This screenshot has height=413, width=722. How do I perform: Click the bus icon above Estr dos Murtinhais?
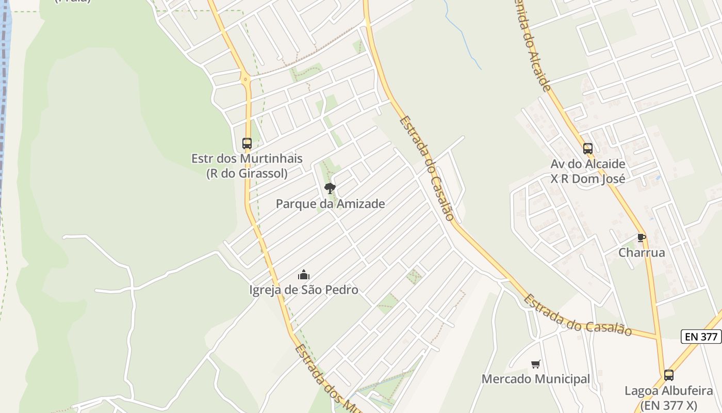(x=247, y=143)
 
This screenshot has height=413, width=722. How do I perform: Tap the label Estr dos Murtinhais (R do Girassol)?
(x=247, y=166)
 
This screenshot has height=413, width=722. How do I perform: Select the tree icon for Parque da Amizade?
(x=330, y=188)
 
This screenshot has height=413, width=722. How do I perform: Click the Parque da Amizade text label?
(x=330, y=204)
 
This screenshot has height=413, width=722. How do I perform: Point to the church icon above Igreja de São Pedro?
(x=304, y=275)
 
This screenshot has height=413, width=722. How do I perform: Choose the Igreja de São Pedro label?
(x=304, y=290)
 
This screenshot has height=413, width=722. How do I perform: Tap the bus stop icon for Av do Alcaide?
(x=588, y=149)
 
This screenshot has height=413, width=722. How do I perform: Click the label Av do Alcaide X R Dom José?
(x=588, y=171)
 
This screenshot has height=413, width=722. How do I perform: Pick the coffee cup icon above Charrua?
(x=642, y=237)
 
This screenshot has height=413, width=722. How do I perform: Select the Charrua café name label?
(x=642, y=253)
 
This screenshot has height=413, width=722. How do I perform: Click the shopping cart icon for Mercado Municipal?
(x=536, y=364)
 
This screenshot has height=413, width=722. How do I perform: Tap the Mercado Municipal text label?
(x=536, y=379)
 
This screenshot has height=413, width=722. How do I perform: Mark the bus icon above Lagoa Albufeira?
(x=669, y=375)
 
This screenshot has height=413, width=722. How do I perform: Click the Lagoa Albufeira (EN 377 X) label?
(x=669, y=398)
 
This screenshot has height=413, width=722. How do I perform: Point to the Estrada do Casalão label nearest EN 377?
(x=578, y=315)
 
